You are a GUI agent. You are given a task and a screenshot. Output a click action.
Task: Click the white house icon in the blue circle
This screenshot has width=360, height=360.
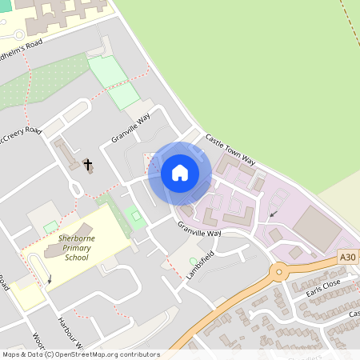pos(179,173)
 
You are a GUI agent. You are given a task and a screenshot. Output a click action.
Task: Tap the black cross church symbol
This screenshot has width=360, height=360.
pos(87,165)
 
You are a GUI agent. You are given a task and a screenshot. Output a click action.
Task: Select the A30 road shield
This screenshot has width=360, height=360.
pos(346,257)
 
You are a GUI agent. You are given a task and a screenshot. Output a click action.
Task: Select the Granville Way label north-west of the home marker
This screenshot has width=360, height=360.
pos(131,128)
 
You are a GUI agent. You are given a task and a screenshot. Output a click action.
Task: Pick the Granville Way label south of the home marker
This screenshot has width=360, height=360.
pos(199,229)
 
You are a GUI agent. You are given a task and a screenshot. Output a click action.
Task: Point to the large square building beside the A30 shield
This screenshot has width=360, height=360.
pos(318,227)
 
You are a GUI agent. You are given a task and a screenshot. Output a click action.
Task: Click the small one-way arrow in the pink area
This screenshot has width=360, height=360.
pos(274,214)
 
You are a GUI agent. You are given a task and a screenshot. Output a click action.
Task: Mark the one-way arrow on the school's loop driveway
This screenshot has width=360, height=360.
pos(50,279)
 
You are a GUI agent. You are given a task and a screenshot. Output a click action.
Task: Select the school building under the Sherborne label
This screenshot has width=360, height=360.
pos(60,252)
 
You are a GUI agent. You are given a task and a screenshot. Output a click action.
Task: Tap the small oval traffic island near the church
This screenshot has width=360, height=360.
pos(77,189)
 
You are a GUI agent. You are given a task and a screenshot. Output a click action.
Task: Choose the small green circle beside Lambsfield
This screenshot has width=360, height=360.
pos(192,260)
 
